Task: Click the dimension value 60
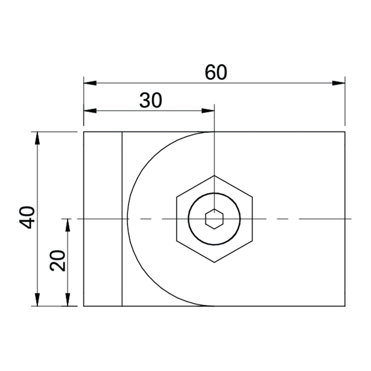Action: coord(216,72)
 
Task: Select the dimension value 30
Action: coord(150,101)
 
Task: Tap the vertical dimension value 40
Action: coord(27,217)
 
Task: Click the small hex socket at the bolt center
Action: coord(214,219)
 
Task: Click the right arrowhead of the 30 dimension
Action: coord(208,111)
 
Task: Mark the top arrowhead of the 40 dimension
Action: coord(37,138)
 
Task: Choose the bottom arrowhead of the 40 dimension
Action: coord(37,300)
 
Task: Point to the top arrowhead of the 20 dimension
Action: coord(68,225)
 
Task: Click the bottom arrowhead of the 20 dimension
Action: coord(68,300)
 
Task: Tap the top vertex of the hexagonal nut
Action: coord(214,176)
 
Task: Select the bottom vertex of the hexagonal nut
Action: coord(214,262)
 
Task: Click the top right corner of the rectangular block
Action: coord(345,132)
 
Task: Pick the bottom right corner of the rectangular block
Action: coord(345,306)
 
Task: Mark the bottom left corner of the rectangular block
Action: coord(84,306)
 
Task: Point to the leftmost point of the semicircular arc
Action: coord(127,219)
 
